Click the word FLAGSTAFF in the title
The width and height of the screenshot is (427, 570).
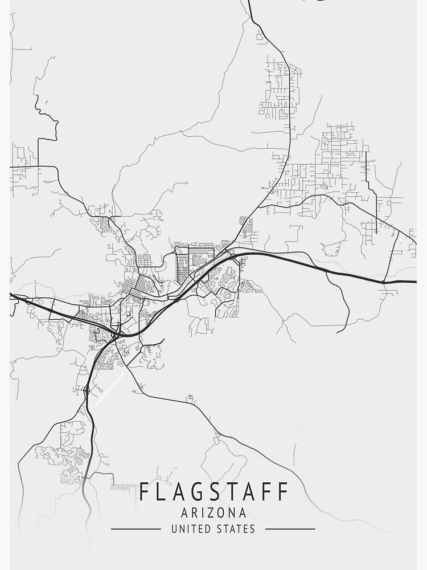tap(213, 491)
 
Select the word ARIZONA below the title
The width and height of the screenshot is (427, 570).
tap(213, 513)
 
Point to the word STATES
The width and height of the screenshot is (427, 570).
tap(235, 529)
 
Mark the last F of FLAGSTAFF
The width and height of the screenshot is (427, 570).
tap(282, 491)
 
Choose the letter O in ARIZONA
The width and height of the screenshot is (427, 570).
tap(224, 513)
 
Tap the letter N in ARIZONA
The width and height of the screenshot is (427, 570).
tap(233, 513)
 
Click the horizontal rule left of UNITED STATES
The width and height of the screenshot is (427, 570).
tap(136, 529)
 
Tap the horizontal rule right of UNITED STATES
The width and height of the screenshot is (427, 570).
tap(290, 529)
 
